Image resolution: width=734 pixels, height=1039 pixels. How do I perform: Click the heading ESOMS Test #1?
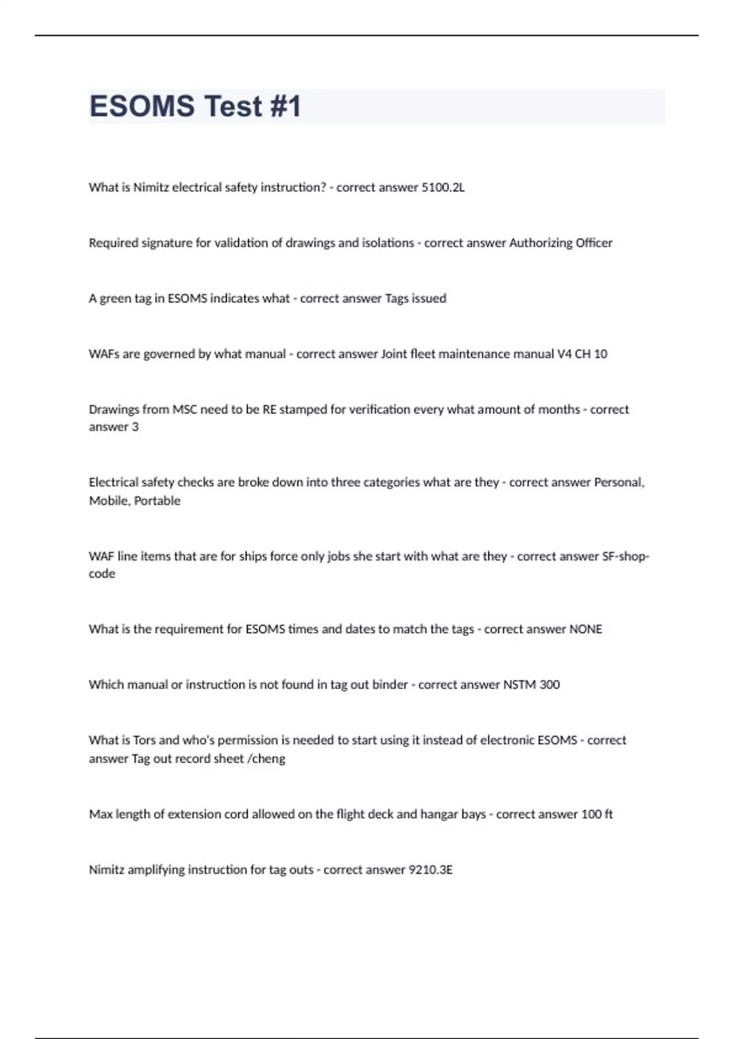pos(195,106)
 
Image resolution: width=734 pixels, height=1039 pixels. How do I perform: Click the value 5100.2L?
pos(443,188)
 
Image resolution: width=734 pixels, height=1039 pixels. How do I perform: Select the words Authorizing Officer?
pos(560,243)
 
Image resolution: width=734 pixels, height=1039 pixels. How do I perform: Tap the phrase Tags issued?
pos(415,298)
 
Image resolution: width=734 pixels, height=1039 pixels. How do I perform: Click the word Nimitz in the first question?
pos(151,188)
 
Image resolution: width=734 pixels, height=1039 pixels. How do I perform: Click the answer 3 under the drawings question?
pos(135,427)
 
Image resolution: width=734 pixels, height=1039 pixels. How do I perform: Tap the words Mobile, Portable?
pos(135,501)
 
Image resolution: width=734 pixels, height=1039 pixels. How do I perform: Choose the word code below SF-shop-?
pos(102,574)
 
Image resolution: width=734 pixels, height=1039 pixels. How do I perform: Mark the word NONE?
pos(585,629)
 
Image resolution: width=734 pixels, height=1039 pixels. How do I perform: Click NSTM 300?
pos(531,685)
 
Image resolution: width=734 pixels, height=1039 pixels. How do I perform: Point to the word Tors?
pos(144,740)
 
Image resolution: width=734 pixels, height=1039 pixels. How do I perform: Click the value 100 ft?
pos(596,814)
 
